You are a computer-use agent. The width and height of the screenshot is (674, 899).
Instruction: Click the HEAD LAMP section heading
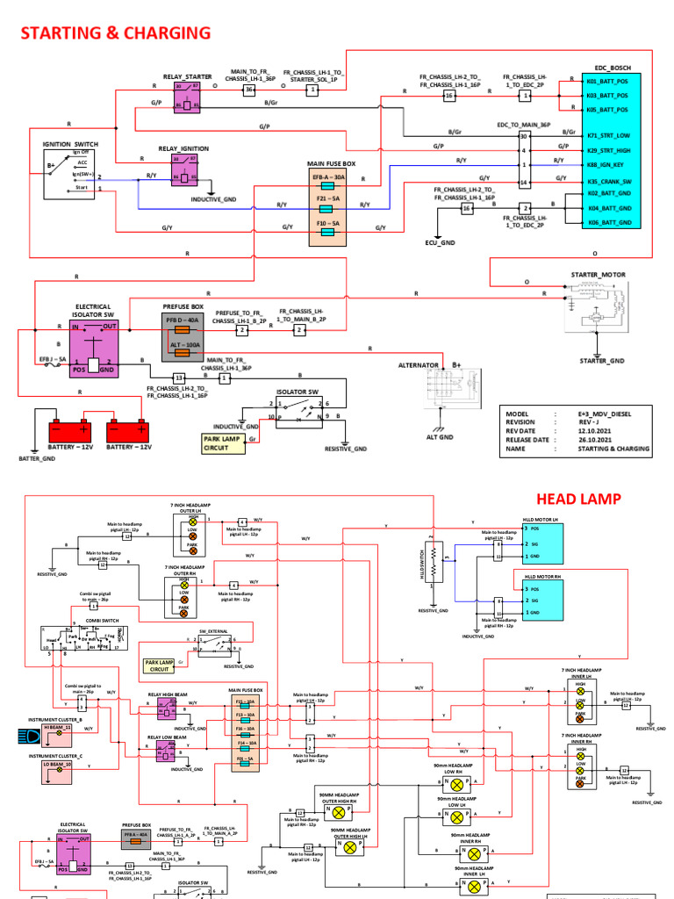pos(578,499)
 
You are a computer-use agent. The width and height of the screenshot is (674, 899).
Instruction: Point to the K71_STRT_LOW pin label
pos(608,137)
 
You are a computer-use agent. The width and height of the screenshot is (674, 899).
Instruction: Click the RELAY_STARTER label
pos(188,77)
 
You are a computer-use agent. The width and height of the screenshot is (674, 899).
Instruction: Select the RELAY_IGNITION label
pos(184,149)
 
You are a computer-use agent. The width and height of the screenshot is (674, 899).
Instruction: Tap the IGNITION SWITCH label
pos(73,143)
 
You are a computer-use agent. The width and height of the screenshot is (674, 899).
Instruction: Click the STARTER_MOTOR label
pos(599,275)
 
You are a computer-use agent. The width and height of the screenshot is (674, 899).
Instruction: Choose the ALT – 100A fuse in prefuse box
pos(185,346)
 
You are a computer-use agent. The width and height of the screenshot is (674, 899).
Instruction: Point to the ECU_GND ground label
pos(441,241)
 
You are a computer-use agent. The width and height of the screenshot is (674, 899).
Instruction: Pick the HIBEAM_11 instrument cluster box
pos(55,729)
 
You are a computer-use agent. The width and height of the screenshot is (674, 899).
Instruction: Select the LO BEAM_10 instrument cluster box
pos(55,765)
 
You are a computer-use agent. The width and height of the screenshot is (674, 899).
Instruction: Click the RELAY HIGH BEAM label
pos(168,693)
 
